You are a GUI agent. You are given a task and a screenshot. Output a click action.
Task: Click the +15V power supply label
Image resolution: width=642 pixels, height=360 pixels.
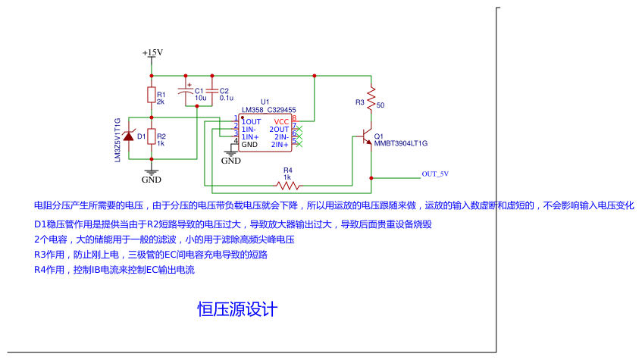coord(152,52)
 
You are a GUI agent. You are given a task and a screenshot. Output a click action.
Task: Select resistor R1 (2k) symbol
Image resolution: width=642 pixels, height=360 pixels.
coord(152,94)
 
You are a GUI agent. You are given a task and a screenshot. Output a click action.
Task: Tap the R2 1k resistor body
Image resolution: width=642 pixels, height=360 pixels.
coord(152,136)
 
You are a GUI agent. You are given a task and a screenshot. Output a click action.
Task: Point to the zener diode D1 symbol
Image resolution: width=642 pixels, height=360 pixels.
coord(129,136)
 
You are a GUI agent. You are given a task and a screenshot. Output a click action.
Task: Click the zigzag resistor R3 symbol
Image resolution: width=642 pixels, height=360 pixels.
coord(371,99)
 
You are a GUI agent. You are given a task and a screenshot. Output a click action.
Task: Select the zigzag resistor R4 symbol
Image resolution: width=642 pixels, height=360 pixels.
coord(288,184)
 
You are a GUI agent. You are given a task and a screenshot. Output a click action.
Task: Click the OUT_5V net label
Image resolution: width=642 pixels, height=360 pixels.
coord(435,174)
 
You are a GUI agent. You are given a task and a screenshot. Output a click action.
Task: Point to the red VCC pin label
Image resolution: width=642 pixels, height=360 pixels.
coord(281,121)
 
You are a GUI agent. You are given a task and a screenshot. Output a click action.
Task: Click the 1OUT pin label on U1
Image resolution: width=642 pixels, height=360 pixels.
coord(252,121)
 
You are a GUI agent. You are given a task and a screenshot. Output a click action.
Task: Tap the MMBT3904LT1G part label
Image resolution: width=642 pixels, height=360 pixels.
coord(401,143)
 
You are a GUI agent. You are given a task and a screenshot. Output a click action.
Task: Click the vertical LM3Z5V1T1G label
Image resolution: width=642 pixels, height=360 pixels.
coord(117,140)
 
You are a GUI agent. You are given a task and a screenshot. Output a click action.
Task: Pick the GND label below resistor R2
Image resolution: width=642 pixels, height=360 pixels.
coord(152,180)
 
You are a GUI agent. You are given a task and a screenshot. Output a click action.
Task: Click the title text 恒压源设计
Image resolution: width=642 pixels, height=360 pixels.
coord(238,309)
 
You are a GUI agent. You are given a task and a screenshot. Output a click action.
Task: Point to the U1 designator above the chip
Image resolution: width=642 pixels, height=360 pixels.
coord(265,102)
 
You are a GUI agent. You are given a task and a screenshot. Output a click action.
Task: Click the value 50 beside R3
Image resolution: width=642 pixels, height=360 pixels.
coord(381,105)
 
